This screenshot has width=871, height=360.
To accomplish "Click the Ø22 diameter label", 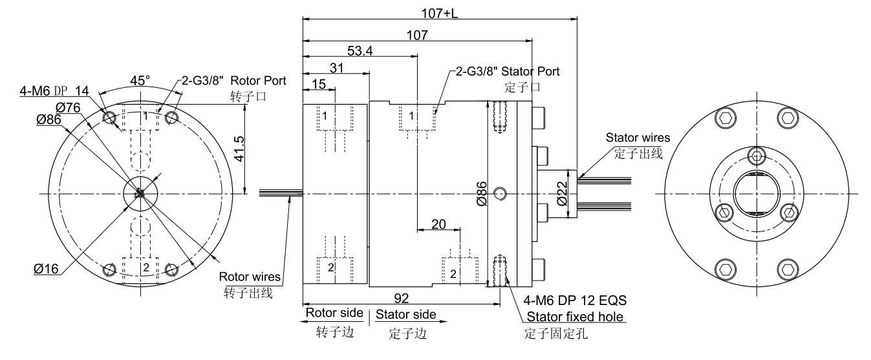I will tap(562, 193).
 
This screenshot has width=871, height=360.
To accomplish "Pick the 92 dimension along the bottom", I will tap(402, 299).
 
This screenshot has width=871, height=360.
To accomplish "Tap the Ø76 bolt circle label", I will tap(68, 107).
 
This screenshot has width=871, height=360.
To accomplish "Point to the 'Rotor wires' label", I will tap(250, 277).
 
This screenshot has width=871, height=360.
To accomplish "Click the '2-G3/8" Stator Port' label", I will tap(508, 70).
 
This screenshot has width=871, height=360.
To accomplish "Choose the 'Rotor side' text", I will tap(334, 313).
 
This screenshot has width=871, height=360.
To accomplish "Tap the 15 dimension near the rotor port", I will tap(318, 84).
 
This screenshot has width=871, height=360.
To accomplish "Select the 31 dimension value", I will tap(336, 67).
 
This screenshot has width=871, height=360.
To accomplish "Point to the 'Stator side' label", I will tap(405, 315).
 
